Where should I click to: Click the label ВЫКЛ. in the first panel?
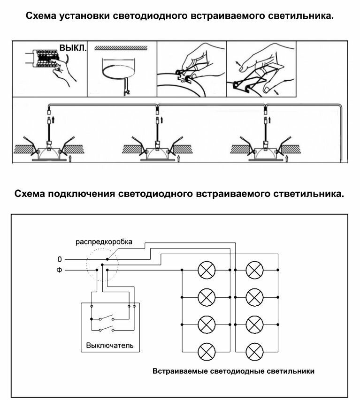73,48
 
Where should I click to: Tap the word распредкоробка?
104,242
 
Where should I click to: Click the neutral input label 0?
60,259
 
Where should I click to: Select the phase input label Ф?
60,271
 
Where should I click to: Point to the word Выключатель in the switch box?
110,346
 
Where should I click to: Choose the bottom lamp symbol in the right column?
254,351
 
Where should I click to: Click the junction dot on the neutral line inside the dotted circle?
107,259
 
